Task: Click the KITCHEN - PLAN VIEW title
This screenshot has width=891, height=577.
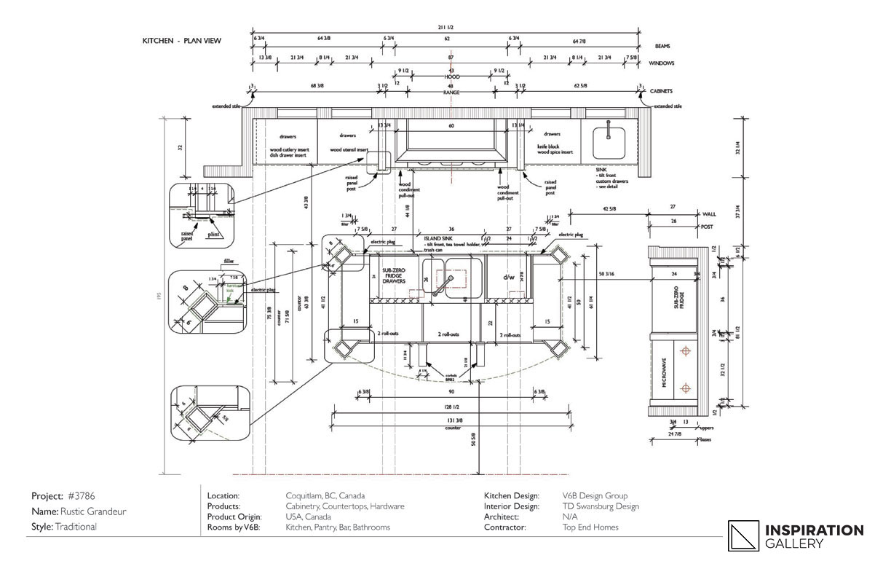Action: click(x=181, y=42)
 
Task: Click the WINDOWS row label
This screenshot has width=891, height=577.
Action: click(x=661, y=63)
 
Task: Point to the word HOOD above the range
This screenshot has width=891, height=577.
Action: click(x=451, y=76)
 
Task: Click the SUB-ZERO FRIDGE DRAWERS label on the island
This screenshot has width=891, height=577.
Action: click(x=394, y=273)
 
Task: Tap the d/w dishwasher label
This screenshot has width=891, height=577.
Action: click(x=509, y=278)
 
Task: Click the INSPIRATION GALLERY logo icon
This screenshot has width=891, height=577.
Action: click(x=742, y=535)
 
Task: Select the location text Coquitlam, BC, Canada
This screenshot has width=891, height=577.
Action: click(x=325, y=495)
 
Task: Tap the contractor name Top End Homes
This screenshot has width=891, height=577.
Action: click(x=590, y=527)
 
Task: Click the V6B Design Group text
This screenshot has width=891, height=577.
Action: click(x=595, y=495)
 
